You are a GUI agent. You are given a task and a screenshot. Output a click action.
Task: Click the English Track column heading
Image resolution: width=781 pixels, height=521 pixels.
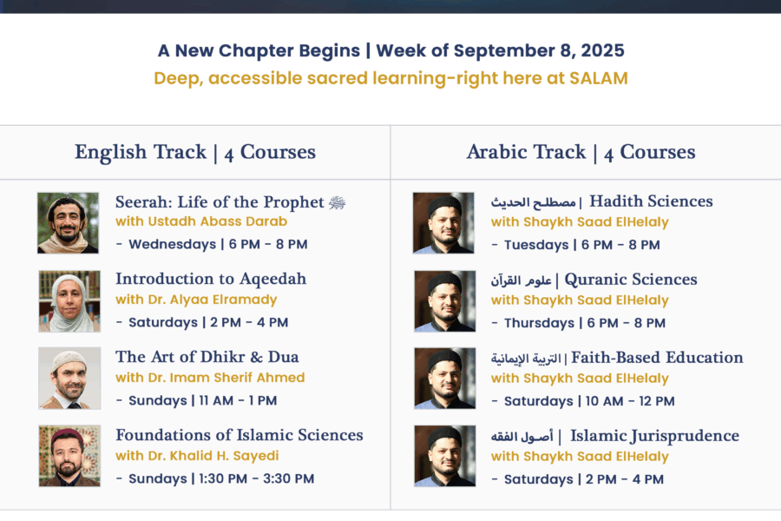(194, 152)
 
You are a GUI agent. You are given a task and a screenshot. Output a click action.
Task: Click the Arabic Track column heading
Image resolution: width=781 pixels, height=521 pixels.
(581, 152)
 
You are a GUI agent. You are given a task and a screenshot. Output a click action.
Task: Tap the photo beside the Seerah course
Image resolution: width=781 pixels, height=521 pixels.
(68, 223)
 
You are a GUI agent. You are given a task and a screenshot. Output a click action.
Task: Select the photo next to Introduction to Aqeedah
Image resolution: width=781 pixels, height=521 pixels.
(69, 301)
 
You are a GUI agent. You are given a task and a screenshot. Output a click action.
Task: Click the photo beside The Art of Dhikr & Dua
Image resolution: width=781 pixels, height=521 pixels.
(69, 379)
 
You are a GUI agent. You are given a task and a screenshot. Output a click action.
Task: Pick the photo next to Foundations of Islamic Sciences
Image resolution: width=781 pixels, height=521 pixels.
(69, 456)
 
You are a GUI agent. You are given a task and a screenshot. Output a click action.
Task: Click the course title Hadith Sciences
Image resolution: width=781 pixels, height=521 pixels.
(651, 201)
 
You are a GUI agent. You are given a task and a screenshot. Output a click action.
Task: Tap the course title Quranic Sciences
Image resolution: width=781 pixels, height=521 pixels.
(631, 280)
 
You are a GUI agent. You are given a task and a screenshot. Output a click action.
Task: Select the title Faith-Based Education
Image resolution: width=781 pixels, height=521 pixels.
(657, 358)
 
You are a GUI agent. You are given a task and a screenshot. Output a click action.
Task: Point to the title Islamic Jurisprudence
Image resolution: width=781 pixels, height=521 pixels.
(654, 436)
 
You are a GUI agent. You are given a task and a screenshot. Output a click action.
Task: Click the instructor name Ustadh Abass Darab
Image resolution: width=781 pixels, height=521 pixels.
(218, 221)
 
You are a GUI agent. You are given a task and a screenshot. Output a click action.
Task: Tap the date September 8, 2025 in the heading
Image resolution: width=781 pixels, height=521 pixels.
(539, 51)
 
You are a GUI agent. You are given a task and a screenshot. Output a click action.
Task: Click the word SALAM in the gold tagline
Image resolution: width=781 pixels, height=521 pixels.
(599, 78)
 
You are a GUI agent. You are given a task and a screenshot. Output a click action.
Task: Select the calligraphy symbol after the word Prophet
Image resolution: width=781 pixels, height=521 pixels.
(338, 202)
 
